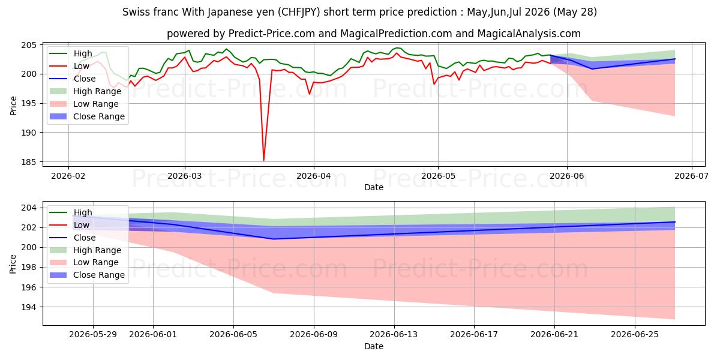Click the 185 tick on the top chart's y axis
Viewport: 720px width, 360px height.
[x=29, y=162]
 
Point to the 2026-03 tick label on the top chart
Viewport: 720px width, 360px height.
[x=185, y=176]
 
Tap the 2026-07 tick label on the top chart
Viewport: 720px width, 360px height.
[x=691, y=176]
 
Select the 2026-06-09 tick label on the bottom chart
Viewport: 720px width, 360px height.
[x=314, y=335]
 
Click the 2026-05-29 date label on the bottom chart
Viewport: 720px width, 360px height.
[x=93, y=335]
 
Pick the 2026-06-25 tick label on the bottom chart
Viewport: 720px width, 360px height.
[x=635, y=335]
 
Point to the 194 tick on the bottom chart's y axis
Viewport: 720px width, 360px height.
[x=29, y=307]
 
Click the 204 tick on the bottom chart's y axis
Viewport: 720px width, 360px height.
[x=29, y=208]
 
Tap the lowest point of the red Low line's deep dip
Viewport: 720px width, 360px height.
[x=263, y=160]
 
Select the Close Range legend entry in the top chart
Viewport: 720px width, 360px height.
[x=87, y=116]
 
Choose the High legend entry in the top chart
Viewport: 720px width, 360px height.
[x=71, y=53]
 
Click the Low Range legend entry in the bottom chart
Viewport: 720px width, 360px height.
[x=84, y=262]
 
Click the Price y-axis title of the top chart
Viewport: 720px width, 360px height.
[x=13, y=106]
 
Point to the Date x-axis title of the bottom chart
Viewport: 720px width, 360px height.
[x=374, y=346]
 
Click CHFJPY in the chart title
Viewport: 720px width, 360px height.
[x=299, y=12]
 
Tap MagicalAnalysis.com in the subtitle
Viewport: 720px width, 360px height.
[x=529, y=34]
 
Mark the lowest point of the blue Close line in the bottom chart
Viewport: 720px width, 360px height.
[x=273, y=239]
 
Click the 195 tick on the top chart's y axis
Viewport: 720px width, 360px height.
[x=29, y=103]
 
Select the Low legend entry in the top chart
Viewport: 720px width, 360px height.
[x=70, y=66]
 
